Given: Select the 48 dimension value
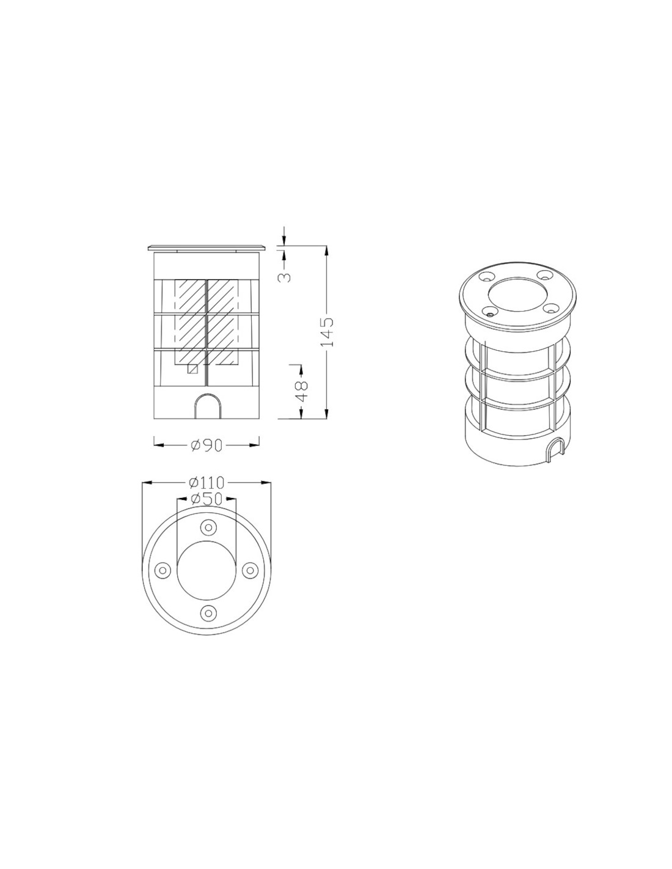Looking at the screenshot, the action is click(301, 391).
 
